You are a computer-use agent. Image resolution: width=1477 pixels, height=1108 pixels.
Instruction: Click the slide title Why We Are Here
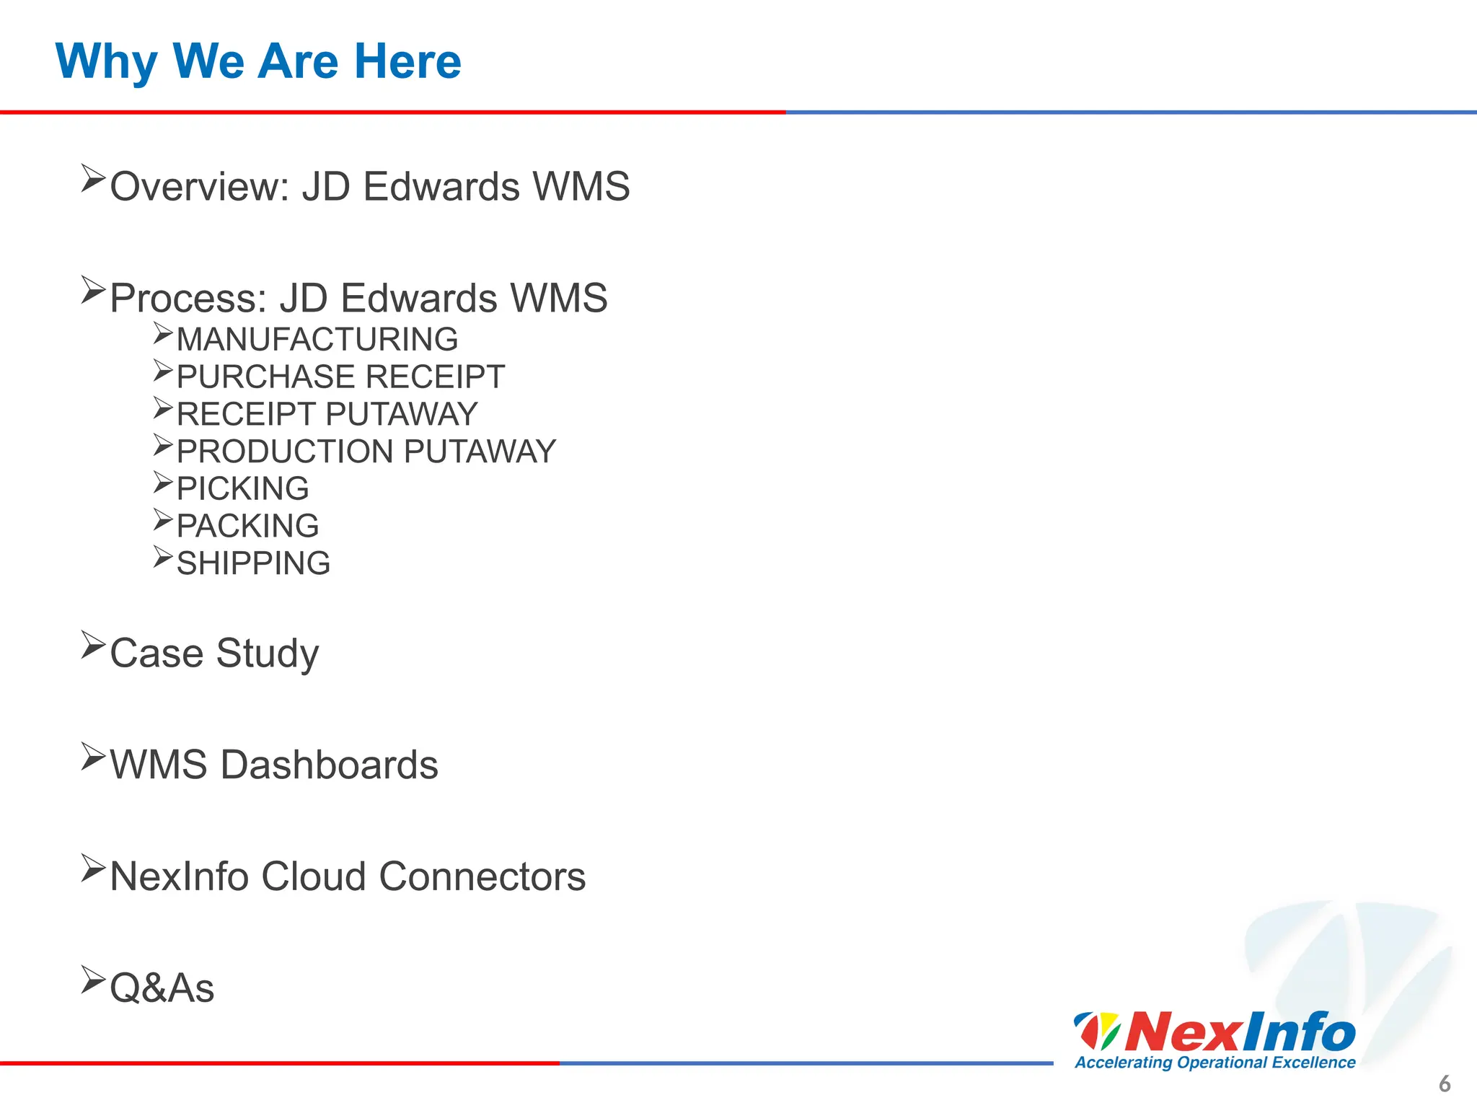258,62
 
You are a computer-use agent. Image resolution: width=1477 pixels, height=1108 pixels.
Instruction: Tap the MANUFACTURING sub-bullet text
317,340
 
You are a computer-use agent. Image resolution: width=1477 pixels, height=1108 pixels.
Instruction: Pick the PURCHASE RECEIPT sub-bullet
340,377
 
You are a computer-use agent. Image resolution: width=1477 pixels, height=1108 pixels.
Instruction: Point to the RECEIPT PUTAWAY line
327,415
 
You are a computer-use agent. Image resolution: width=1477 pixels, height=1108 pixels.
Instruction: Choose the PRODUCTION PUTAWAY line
366,452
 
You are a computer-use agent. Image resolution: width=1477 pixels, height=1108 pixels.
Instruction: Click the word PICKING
242,489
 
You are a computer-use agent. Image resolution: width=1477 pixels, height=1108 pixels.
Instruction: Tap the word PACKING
247,527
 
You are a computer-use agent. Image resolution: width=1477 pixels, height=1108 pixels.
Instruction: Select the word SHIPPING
253,564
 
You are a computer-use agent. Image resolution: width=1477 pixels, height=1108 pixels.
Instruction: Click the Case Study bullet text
214,654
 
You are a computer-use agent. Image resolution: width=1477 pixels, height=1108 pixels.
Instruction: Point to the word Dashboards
329,765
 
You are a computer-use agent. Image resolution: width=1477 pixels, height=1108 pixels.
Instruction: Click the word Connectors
482,877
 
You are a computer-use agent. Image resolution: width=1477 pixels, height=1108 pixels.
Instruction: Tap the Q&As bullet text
162,988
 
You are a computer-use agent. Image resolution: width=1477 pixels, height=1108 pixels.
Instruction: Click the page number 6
1445,1084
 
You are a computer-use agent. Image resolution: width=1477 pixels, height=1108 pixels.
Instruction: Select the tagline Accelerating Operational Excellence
1215,1063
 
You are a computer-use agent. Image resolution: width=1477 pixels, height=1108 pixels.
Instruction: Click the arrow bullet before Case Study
93,644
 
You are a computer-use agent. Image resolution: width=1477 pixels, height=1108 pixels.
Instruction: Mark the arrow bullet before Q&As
93,980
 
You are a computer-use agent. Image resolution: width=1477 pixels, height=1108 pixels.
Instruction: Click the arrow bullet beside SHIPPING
163,557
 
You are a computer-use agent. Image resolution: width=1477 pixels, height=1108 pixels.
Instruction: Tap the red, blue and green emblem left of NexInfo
1097,1030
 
